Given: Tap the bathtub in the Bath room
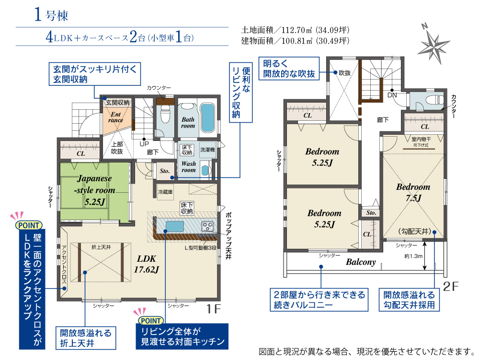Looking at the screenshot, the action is [x=208, y=118].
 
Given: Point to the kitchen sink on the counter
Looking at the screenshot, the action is [x=175, y=226].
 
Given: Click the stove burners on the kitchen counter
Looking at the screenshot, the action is [x=207, y=226].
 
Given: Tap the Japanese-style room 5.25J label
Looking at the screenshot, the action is [x=94, y=190].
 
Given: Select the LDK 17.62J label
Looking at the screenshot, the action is [x=146, y=264].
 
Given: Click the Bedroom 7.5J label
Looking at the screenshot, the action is [x=413, y=192].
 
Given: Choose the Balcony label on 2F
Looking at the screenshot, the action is [x=361, y=262].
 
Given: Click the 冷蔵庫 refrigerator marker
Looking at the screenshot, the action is [x=165, y=192].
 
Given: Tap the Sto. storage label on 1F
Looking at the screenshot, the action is [x=165, y=171].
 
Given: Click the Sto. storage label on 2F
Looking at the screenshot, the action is [x=371, y=213].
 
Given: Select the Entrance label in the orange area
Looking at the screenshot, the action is [x=116, y=117].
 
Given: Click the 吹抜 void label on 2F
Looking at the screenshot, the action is [x=344, y=73].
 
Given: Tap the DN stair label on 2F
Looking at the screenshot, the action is [x=392, y=95].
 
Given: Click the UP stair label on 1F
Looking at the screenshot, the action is [x=144, y=144].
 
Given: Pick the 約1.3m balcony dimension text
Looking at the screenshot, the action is [x=413, y=256].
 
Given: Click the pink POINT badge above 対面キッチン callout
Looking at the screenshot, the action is [x=151, y=321].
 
